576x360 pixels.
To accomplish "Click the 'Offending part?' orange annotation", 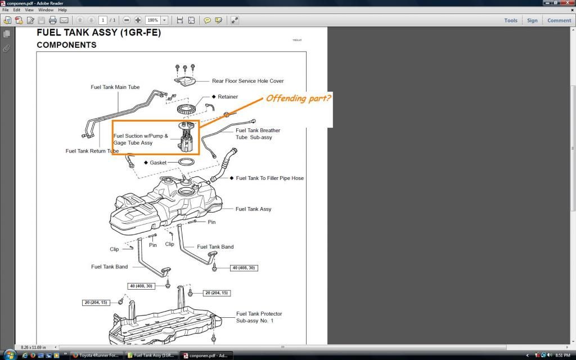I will (x=298, y=98).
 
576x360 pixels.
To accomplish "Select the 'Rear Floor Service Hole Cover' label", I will (x=247, y=81).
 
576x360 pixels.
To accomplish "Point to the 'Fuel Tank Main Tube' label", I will (x=115, y=87).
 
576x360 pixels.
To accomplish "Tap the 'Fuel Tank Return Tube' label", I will (x=92, y=151).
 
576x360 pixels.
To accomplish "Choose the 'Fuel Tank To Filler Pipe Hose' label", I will (x=269, y=178).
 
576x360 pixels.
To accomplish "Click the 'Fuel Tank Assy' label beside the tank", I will (x=253, y=209).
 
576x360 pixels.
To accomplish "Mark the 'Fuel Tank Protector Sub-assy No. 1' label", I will (x=259, y=317).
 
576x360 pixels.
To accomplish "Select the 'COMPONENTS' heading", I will (x=66, y=45).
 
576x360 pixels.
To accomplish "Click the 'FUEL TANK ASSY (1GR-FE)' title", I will (x=98, y=33).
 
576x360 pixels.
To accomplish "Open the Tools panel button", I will (x=510, y=20).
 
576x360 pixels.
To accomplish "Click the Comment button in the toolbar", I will (x=559, y=20).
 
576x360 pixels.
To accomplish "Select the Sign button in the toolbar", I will (x=532, y=20).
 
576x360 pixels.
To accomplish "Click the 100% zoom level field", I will (x=153, y=20).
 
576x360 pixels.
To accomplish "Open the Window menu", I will (x=46, y=10).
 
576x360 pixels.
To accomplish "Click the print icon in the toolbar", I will (x=52, y=20).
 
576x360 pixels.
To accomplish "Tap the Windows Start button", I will (x=10, y=355).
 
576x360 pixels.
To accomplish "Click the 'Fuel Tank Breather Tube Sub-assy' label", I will (x=258, y=134).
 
